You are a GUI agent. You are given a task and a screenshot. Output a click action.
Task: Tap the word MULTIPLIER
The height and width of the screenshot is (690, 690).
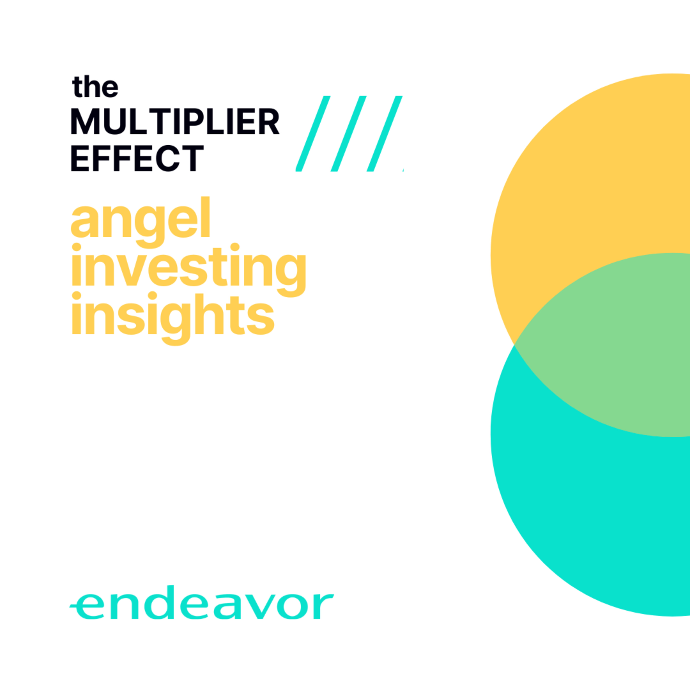pos(175,121)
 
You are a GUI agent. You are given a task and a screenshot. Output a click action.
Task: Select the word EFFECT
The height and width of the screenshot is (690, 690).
pos(137,158)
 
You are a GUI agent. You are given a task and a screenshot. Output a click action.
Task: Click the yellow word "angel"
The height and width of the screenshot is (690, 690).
pos(140,221)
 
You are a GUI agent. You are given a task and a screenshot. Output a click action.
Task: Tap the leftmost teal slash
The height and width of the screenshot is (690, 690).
pos(313,134)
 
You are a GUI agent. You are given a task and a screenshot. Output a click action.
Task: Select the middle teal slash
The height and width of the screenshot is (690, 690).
pos(349,134)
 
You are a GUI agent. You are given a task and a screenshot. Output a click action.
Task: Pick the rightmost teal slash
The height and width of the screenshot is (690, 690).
pos(385,134)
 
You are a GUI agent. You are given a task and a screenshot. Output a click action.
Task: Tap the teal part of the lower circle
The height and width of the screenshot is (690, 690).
pos(589,518)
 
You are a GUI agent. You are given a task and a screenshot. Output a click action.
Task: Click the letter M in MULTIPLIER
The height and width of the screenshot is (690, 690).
pos(85,121)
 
